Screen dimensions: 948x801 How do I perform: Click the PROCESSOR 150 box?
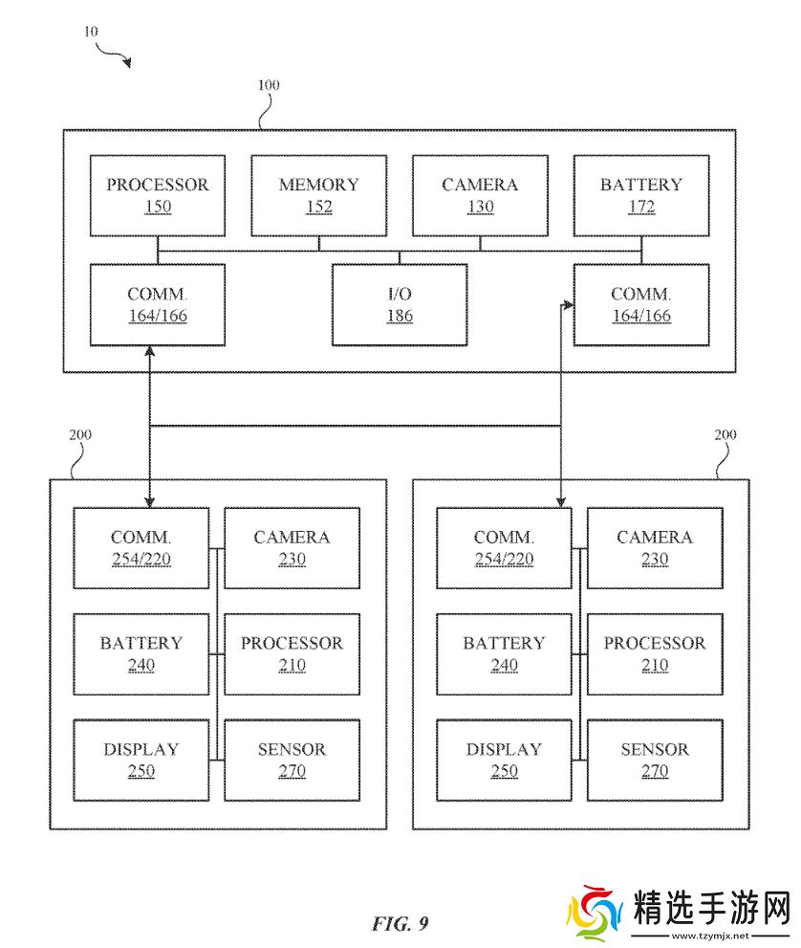point(158,195)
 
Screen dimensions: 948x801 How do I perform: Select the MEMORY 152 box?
point(318,195)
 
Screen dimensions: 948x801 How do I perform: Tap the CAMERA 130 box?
point(480,195)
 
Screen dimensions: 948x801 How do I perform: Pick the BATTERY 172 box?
point(640,195)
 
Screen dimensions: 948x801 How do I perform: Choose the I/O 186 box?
point(400,304)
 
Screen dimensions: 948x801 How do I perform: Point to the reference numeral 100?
point(269,85)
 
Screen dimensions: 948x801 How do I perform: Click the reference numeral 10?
point(91,32)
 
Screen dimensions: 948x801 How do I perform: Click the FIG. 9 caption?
point(400,923)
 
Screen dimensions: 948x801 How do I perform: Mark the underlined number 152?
point(319,207)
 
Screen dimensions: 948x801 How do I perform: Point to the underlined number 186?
point(400,316)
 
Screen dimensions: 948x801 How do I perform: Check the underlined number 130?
point(480,207)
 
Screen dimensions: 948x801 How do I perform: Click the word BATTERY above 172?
point(640,185)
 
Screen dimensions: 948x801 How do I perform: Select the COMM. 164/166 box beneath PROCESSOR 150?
point(158,304)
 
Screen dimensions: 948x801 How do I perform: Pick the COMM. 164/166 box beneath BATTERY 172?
point(640,304)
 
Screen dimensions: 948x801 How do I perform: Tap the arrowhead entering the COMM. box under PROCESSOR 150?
point(149,351)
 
